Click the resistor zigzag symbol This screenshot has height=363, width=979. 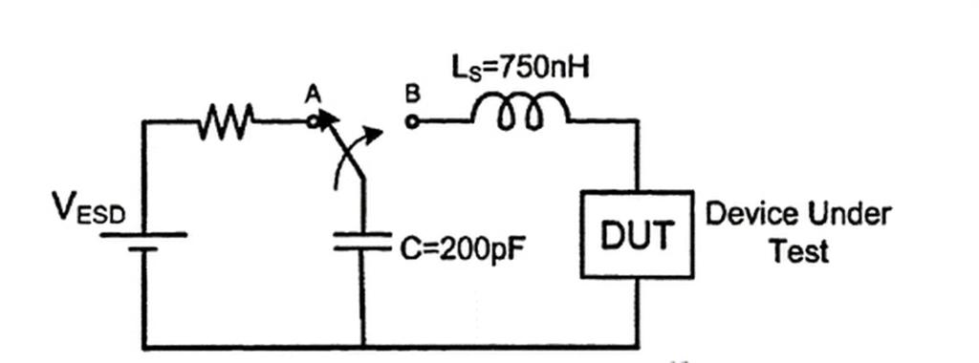226,120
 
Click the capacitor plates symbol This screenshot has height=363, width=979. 362,242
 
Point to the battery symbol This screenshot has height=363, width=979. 143,242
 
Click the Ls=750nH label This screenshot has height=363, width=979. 520,68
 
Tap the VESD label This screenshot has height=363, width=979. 89,209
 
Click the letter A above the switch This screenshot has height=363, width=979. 313,95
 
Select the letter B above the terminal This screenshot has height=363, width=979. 412,95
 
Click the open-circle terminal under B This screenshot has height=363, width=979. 411,121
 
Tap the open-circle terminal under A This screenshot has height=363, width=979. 314,121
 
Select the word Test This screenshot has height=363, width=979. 799,250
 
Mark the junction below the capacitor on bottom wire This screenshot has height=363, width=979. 362,345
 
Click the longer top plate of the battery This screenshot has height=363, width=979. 143,235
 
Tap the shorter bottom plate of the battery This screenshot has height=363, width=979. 143,249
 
